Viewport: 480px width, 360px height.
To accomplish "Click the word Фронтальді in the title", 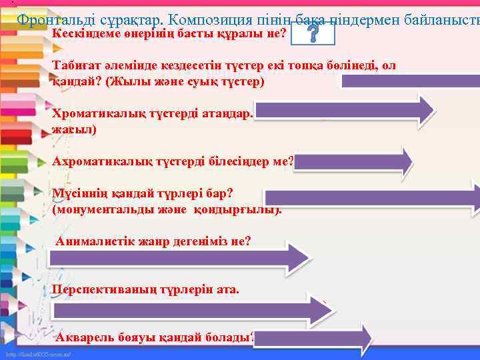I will [53, 20].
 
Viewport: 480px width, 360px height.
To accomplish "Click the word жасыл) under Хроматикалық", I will [73, 129].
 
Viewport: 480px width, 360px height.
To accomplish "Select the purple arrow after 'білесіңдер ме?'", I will [353, 161].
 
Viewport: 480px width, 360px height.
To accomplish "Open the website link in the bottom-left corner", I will [39, 353].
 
